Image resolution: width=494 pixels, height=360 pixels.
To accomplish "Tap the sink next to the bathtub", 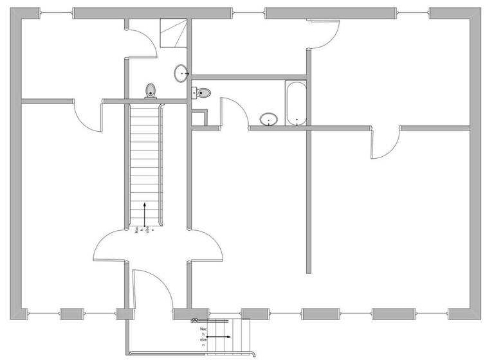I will click(x=269, y=119).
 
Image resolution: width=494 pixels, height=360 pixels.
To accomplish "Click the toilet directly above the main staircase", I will click(x=151, y=90).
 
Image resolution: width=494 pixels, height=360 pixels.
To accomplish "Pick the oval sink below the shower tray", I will click(x=181, y=73).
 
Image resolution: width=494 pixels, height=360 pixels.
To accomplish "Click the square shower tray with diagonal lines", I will click(x=172, y=33).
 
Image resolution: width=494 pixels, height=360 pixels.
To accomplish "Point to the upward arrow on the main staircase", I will click(x=145, y=214).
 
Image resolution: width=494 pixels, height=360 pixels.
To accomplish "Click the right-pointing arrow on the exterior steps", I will click(x=219, y=336).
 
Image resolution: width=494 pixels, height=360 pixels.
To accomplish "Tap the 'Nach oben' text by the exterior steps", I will click(x=203, y=336).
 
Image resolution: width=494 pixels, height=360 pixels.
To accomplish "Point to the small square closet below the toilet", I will click(x=198, y=118).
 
